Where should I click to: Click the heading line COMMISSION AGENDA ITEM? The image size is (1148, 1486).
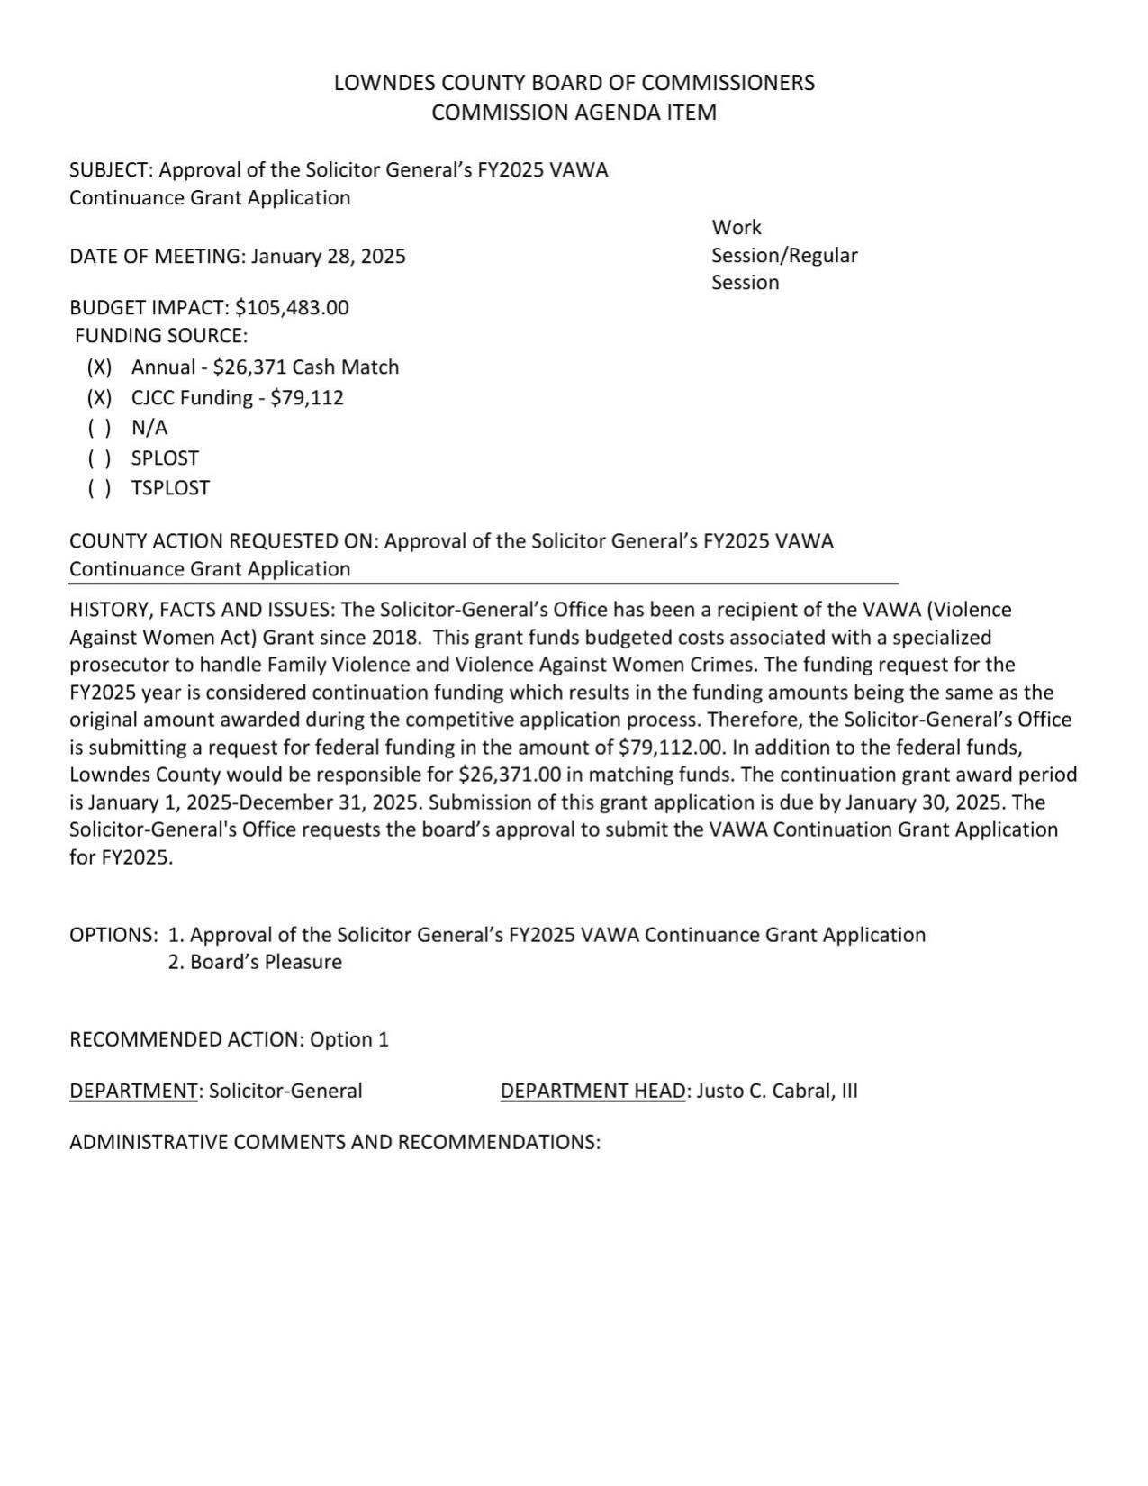(x=574, y=113)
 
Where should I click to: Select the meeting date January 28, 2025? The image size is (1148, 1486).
(x=328, y=257)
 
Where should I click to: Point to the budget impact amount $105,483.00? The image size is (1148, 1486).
(x=292, y=308)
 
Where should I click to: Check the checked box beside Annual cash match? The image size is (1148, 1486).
(x=100, y=367)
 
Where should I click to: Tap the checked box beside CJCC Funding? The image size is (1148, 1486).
(x=100, y=398)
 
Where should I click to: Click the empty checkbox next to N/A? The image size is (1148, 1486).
(x=100, y=428)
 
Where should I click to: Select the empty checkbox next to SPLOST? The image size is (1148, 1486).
(x=100, y=458)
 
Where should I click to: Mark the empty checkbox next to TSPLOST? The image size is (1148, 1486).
(x=100, y=488)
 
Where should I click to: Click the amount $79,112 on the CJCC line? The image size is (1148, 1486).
(x=307, y=398)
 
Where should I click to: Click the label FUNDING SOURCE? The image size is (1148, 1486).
(x=161, y=336)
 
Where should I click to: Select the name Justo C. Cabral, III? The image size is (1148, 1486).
(x=777, y=1092)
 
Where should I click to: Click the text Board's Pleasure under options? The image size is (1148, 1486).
(x=266, y=963)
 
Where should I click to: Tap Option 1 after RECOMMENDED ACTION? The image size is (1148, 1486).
(x=349, y=1040)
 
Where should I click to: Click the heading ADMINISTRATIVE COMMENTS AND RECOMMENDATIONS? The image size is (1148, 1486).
(x=334, y=1143)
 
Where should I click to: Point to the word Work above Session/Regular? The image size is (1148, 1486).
(x=737, y=228)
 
